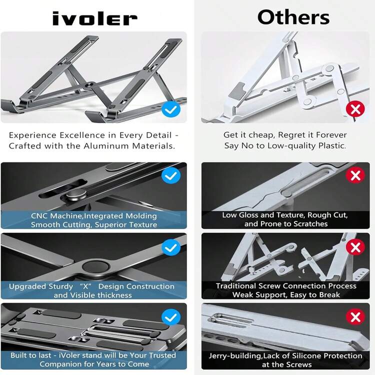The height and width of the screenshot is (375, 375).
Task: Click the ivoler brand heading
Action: [94, 19]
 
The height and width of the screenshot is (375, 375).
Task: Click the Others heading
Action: [293, 17]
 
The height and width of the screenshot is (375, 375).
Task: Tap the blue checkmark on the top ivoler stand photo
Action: [171, 109]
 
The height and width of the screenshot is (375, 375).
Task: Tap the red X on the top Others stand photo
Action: [355, 109]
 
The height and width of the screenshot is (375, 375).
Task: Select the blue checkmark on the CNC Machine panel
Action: [171, 175]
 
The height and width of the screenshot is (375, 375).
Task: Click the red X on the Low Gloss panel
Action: [355, 175]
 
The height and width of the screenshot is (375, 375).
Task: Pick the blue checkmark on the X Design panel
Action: [171, 247]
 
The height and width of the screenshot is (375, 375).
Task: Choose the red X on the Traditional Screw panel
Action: [355, 247]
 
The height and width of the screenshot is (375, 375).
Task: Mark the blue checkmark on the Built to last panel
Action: [171, 316]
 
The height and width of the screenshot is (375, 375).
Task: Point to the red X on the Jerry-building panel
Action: [355, 316]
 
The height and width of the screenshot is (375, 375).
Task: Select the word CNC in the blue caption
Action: [40, 216]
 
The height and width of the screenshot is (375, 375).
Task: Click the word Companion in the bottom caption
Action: [61, 364]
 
